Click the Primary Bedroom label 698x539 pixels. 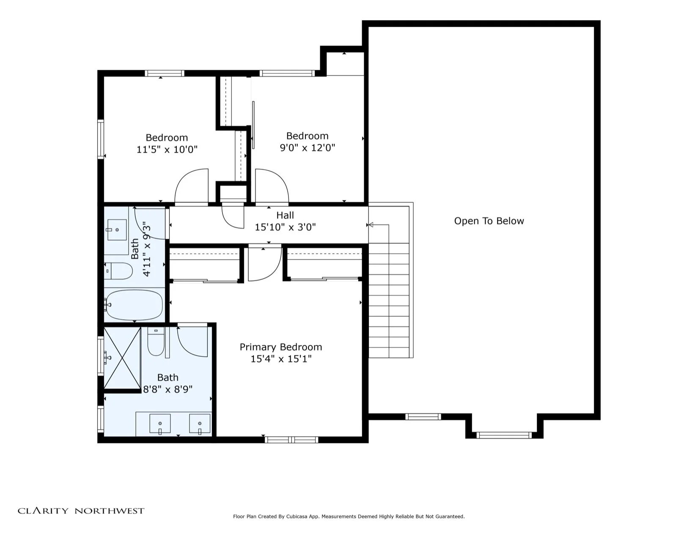coord(281,347)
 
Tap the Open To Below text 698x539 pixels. coord(489,221)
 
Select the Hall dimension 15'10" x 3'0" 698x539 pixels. coord(285,227)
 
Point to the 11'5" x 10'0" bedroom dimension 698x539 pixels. coord(167,150)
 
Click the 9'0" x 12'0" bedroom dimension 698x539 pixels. coord(308,148)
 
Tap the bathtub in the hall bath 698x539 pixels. coord(134,305)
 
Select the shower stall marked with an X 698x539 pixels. coord(122,358)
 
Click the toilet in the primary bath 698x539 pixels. coord(156,341)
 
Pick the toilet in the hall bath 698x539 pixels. coord(118,271)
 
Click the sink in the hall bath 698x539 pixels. coord(117,230)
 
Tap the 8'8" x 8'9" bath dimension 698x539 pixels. coord(168,389)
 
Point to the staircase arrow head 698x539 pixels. coord(371,225)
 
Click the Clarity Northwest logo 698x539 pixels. coord(81,511)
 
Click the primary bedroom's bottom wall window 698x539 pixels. coord(291,440)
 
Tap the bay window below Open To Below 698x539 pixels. coord(504,435)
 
